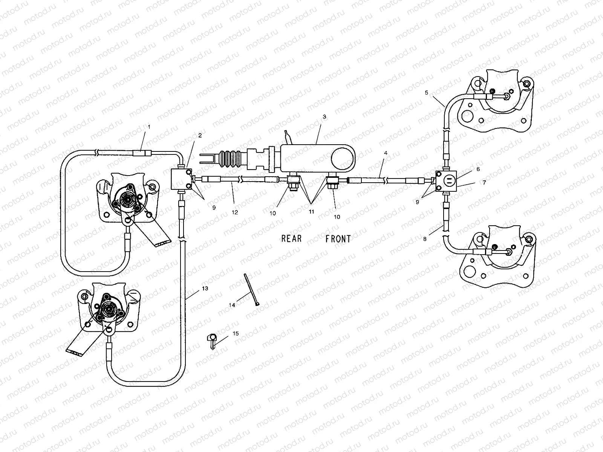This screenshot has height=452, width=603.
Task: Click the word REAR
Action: tap(291, 238)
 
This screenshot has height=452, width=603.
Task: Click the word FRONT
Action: tap(338, 239)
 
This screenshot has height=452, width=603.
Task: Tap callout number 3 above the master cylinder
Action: tap(324, 117)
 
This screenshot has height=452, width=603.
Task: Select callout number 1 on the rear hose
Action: tap(149, 127)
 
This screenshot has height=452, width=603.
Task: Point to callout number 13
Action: tap(205, 289)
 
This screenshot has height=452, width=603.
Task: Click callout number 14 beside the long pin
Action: tap(232, 305)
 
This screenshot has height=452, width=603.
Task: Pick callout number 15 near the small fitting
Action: tap(236, 333)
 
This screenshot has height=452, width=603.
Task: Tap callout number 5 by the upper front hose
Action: tap(426, 93)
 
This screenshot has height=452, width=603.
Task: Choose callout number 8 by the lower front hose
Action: tap(425, 239)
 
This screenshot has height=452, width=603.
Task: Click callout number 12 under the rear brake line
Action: tap(235, 212)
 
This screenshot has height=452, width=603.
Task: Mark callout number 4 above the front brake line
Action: tap(386, 153)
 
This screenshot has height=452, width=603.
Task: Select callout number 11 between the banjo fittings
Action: tap(311, 212)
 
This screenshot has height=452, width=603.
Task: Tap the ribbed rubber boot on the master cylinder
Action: tap(231, 159)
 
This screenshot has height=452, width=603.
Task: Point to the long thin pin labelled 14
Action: tap(251, 290)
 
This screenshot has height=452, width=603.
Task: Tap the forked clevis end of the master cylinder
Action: tap(209, 159)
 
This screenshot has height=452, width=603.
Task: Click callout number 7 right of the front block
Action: tap(484, 182)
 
